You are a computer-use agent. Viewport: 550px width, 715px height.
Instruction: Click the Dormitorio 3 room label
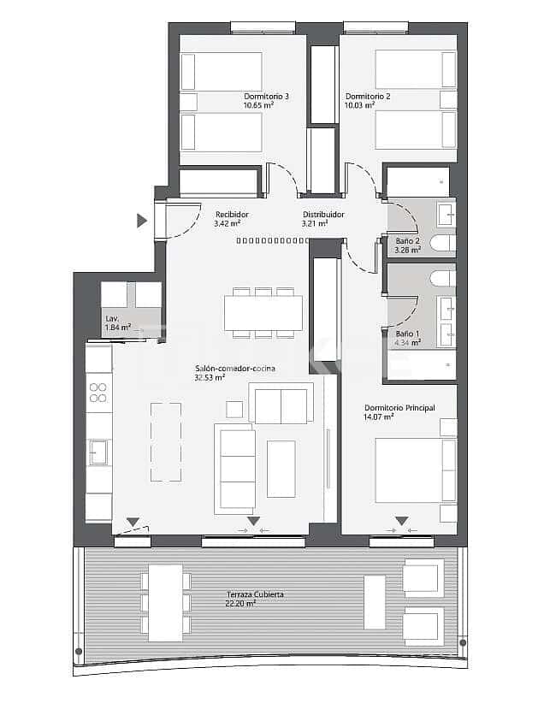[266, 97]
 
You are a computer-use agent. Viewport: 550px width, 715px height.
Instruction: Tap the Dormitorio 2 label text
[368, 97]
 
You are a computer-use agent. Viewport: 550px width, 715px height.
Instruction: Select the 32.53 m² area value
[210, 377]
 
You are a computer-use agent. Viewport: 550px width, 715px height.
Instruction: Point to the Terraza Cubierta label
[255, 594]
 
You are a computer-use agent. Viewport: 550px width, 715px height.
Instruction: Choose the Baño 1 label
[407, 334]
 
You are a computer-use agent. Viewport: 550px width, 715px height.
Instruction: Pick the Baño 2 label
[407, 241]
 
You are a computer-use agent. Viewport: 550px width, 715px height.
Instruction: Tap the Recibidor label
[232, 215]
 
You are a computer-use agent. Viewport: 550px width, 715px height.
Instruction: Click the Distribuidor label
[323, 215]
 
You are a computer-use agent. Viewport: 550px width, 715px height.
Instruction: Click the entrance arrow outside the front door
[142, 221]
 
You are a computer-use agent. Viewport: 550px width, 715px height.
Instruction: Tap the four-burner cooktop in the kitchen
[99, 393]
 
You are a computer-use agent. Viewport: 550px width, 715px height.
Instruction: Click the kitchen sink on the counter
[98, 452]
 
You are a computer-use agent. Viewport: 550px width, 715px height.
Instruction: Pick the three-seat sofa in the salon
[237, 470]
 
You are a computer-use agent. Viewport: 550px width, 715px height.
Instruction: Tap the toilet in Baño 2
[443, 244]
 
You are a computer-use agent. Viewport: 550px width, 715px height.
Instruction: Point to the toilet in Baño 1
[443, 279]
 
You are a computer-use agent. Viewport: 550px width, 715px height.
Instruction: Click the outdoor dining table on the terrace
[165, 602]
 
